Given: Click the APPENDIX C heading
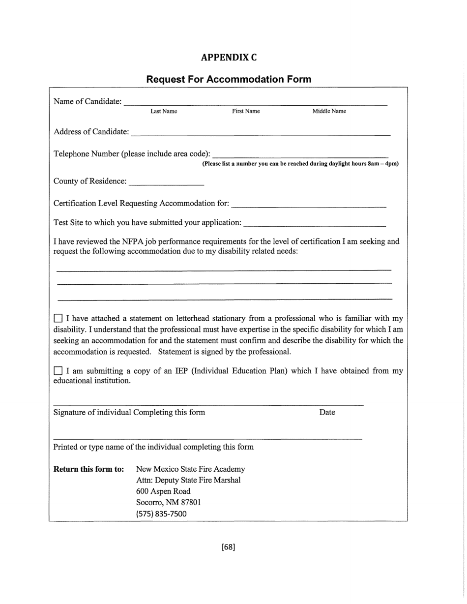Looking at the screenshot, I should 229,58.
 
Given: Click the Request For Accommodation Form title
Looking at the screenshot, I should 229,79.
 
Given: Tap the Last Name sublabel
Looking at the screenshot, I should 164,111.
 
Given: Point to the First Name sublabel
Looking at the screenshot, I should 246,111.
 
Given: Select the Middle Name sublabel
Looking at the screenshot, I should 329,111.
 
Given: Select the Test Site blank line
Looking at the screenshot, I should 314,225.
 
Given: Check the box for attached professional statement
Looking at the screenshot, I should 58,319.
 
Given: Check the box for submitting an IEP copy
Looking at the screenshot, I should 58,371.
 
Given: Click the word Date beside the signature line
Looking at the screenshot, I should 327,413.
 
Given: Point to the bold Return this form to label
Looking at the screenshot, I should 88,469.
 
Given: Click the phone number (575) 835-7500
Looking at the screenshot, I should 161,514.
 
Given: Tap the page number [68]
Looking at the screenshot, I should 229,547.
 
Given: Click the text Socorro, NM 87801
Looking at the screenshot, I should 168,502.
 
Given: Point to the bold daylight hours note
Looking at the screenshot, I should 300,164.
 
